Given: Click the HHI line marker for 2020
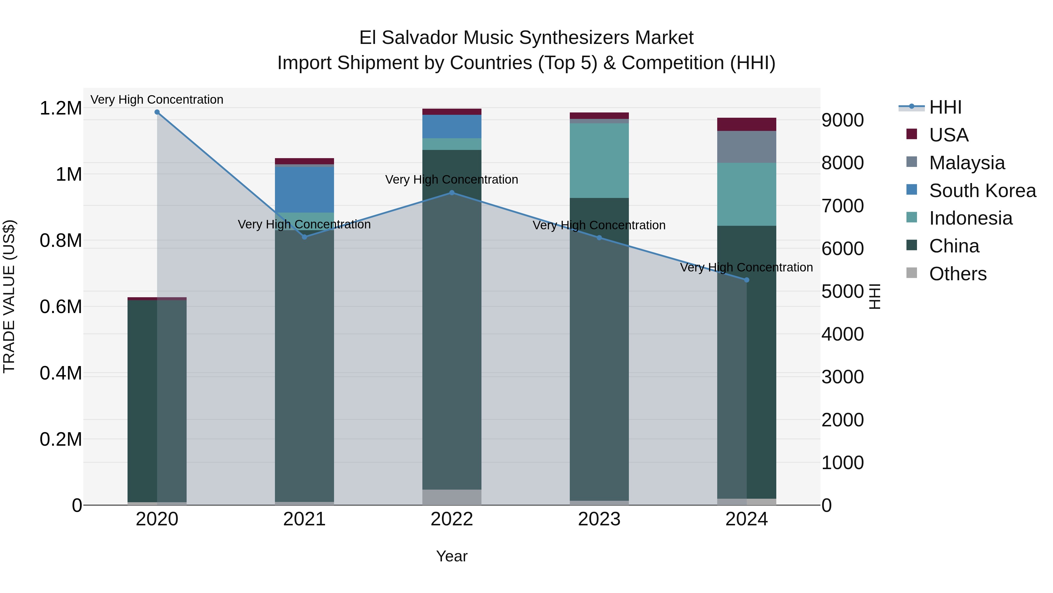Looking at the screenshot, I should tap(157, 112).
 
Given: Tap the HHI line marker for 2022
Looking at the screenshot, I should tap(452, 193).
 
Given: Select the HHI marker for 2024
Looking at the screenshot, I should tap(746, 280).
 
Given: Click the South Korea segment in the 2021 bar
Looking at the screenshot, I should tap(304, 189).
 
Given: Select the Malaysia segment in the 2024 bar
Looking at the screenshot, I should tap(746, 147).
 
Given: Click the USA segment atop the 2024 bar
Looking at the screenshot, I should tap(746, 124).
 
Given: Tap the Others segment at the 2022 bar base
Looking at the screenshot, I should tap(452, 497).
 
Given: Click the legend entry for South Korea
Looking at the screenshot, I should tap(982, 190).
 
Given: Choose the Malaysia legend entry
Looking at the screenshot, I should tap(967, 163).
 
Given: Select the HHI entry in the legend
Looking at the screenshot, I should tap(945, 107).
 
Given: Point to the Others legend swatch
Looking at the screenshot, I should tap(911, 273).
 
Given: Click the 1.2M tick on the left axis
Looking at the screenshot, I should tap(61, 108).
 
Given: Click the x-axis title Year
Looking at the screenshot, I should tap(452, 556).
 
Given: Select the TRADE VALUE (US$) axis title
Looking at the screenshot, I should tap(9, 296).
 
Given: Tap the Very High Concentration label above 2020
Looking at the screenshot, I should tap(157, 100).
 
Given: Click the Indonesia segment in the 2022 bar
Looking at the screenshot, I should tap(452, 144).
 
